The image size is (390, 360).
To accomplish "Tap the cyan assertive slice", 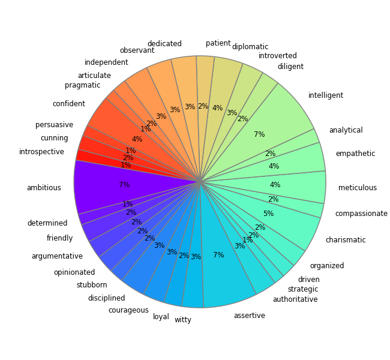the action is [x=225, y=270].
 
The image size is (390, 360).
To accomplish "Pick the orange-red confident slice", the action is [x=120, y=132].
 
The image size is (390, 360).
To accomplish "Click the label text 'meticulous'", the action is [x=358, y=188].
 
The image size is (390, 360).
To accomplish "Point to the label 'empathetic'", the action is [x=355, y=154].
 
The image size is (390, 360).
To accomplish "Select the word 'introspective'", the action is [x=41, y=152].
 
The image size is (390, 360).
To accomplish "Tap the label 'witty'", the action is [x=183, y=320].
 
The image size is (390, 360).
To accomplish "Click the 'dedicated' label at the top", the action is [x=164, y=44].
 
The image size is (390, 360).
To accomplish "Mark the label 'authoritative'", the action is [x=295, y=299].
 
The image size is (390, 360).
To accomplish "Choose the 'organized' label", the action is [x=327, y=266].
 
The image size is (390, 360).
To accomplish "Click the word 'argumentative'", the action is [x=57, y=256].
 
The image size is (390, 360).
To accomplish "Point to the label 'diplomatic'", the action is [x=250, y=47].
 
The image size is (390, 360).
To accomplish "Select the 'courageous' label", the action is [x=128, y=310].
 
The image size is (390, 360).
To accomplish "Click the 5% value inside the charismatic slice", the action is [x=268, y=214].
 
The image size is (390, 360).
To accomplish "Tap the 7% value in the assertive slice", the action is [x=218, y=255].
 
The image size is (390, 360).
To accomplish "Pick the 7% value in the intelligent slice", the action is [x=259, y=134].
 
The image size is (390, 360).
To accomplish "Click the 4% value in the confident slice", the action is [x=137, y=139].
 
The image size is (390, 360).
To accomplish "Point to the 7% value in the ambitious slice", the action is [x=124, y=185].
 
